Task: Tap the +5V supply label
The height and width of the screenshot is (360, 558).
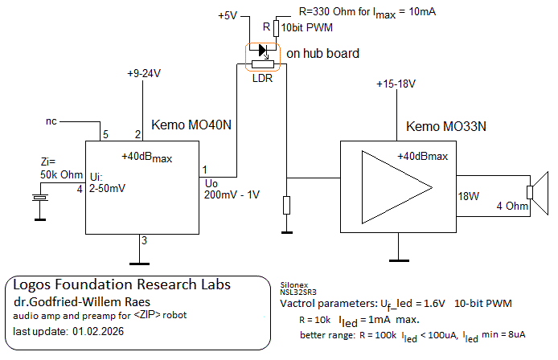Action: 229,16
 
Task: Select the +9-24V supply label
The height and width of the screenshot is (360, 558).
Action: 144,73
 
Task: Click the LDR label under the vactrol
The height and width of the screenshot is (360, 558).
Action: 262,78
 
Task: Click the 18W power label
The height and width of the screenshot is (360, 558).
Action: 469,195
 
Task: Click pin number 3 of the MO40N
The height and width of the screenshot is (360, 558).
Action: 144,239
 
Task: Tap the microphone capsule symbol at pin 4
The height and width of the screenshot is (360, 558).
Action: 38,196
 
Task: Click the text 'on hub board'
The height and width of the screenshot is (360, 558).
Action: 323,53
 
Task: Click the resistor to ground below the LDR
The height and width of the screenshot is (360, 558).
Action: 286,205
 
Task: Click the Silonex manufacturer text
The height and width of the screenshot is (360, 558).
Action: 293,284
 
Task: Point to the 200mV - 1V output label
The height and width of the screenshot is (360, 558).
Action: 232,194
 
